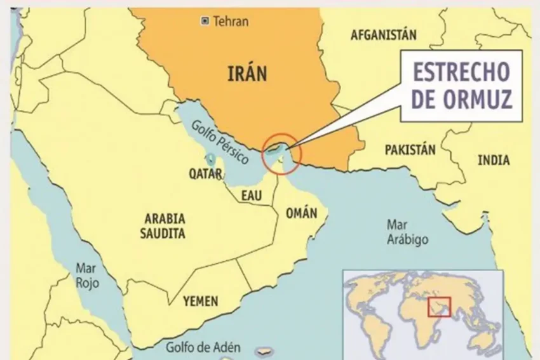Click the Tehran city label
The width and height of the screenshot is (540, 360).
pyautogui.click(x=231, y=22)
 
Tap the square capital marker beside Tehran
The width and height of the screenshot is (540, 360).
pyautogui.click(x=205, y=22)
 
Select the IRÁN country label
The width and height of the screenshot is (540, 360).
pyautogui.click(x=247, y=74)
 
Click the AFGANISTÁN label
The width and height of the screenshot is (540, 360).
pyautogui.click(x=383, y=35)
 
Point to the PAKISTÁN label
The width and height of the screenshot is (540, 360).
pyautogui.click(x=410, y=150)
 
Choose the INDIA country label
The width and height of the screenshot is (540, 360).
pyautogui.click(x=494, y=160)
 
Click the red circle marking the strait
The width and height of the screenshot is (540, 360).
pyautogui.click(x=281, y=154)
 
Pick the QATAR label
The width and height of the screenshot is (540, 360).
pyautogui.click(x=205, y=173)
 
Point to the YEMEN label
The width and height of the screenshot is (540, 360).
pyautogui.click(x=200, y=301)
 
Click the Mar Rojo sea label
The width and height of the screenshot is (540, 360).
pyautogui.click(x=87, y=275)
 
